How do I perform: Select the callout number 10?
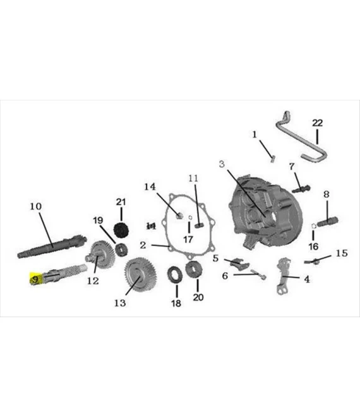(35, 206)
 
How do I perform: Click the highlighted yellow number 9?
(35, 278)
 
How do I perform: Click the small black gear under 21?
(121, 228)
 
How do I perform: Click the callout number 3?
(222, 164)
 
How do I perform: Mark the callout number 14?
(149, 187)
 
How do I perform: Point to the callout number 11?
(193, 178)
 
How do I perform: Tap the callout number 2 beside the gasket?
(143, 245)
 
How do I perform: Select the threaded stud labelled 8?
(329, 221)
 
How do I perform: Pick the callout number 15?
(341, 253)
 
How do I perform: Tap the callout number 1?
(255, 135)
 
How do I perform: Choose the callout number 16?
(314, 246)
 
